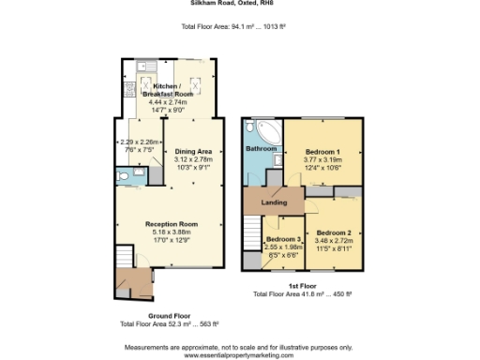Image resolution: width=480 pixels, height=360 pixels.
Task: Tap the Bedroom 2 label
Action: (334, 232)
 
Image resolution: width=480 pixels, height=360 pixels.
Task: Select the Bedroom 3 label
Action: (284, 240)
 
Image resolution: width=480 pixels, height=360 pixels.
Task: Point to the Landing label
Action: (273, 202)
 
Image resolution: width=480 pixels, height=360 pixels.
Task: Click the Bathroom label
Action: (262, 149)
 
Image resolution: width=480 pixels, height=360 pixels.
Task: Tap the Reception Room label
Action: (171, 224)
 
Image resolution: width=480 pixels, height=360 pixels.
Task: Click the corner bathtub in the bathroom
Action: (263, 131)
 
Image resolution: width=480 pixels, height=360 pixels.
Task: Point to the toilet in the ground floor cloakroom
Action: (126, 175)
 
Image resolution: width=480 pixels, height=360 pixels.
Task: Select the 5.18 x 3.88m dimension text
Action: (171, 232)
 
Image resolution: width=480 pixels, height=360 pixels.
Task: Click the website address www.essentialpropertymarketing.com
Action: (240, 355)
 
